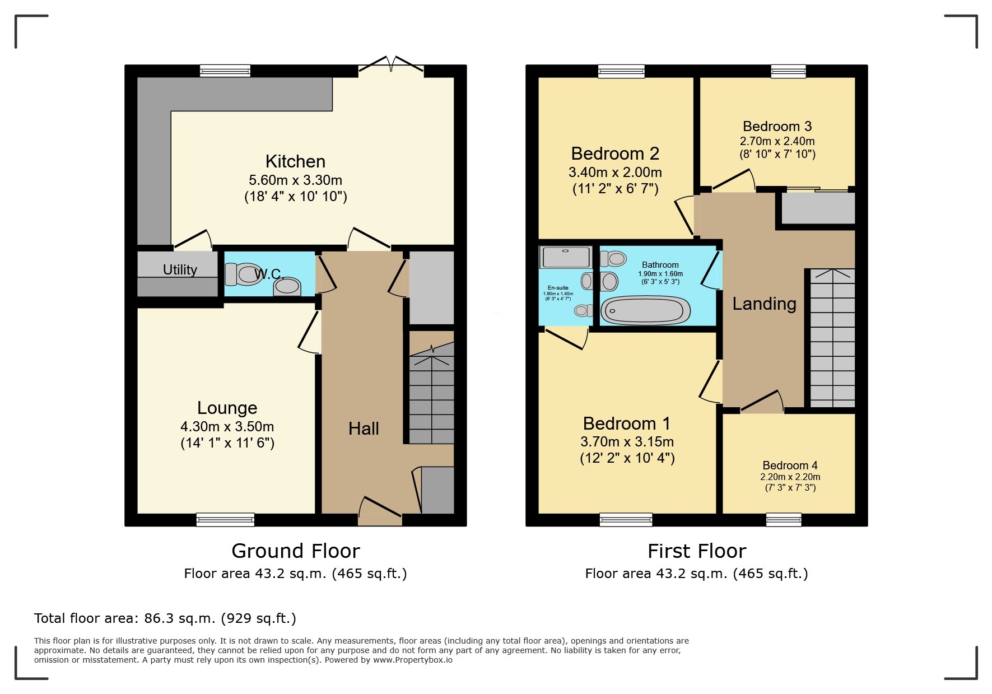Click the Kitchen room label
coord(295,161)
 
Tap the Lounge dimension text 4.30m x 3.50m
coord(227,427)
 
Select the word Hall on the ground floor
coord(364,428)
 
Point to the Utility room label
coord(180,270)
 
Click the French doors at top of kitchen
coord(391,64)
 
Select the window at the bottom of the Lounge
coord(225,520)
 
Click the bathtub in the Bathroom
coord(646,310)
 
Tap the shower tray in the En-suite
coord(565,257)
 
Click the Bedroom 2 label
coord(615,153)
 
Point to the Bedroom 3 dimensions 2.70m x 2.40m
coord(777,141)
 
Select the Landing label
coord(764,304)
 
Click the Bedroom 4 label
coord(790,465)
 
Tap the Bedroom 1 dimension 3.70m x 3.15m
coord(627,442)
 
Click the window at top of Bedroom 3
coord(788,71)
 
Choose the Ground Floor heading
coord(295,551)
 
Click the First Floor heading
coord(696,551)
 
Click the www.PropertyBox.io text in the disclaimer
coord(412,660)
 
